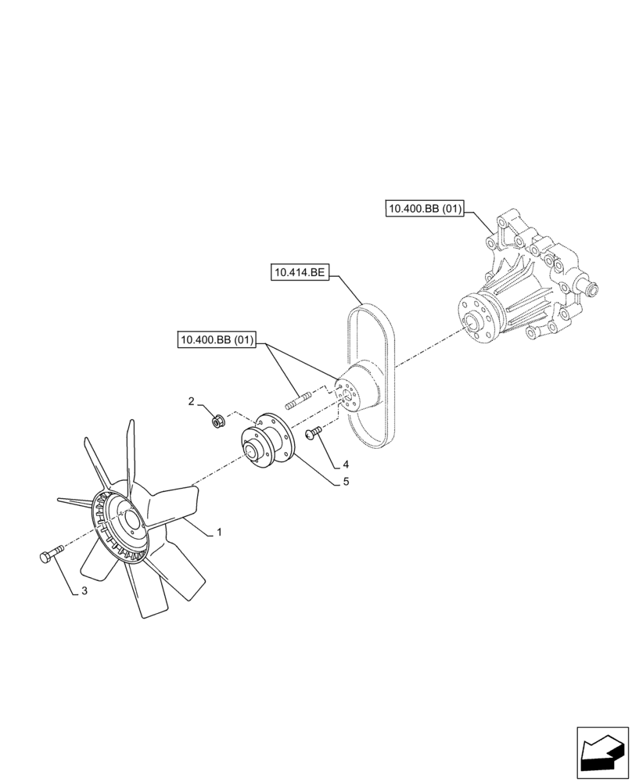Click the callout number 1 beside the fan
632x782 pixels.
(220, 532)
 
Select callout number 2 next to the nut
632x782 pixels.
(191, 402)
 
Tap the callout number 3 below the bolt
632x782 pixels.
(84, 591)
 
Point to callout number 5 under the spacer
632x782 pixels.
(345, 482)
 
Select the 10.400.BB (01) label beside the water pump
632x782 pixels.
(425, 208)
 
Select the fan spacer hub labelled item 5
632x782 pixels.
(265, 443)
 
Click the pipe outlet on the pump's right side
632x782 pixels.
(588, 291)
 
